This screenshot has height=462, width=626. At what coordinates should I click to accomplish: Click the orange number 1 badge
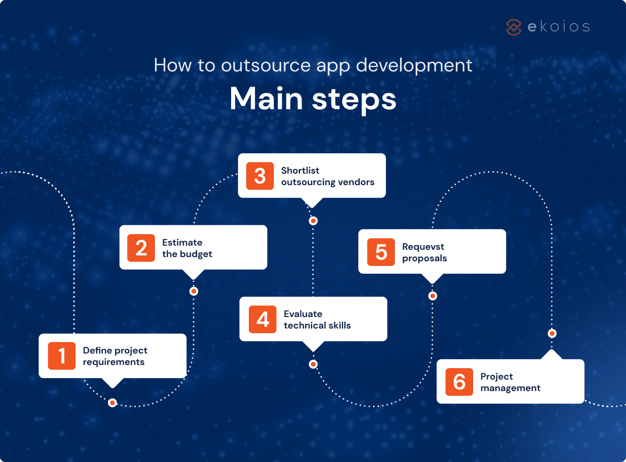click(62, 356)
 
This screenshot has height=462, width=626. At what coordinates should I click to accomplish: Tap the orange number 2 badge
click(141, 248)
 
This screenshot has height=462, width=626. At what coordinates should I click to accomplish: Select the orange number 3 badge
click(260, 176)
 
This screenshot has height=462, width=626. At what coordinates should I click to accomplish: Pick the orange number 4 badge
click(262, 319)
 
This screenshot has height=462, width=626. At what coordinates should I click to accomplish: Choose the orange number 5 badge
click(381, 252)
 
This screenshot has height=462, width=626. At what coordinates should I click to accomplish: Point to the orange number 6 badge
click(459, 382)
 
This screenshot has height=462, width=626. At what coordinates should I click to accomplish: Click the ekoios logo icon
click(514, 27)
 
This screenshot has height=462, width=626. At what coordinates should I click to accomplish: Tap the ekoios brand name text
click(558, 27)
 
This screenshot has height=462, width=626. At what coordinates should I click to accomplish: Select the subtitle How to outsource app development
click(313, 66)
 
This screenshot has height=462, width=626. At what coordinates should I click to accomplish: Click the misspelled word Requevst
click(423, 247)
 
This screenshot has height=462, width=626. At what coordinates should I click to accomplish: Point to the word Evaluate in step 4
click(303, 314)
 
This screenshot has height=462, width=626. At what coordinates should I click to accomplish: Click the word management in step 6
click(510, 388)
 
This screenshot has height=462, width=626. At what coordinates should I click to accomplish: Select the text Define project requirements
click(115, 356)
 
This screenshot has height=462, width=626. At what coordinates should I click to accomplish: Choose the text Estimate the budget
click(187, 248)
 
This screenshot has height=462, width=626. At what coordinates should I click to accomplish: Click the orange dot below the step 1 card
click(112, 403)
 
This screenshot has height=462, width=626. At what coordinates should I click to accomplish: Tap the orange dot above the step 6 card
click(552, 333)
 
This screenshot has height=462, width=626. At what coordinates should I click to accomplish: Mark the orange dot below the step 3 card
click(313, 221)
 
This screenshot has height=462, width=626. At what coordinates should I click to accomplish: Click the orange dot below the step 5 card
click(432, 296)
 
